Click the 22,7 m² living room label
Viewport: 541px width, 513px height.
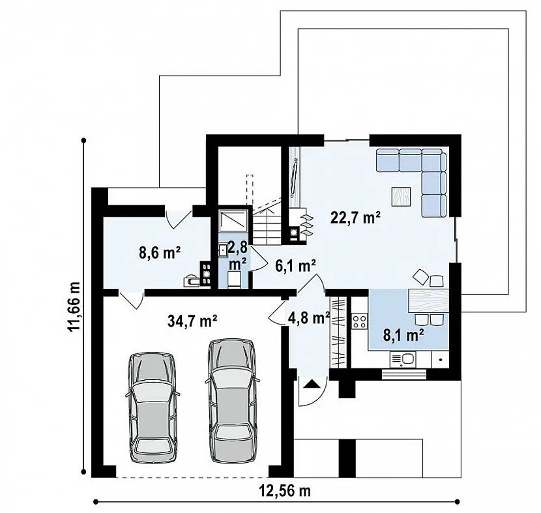(355, 218)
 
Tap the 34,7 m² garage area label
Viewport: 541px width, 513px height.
(192, 321)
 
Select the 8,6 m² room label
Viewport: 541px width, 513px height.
(160, 253)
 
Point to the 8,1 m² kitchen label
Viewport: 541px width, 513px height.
(403, 334)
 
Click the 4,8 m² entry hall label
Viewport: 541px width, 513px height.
(309, 318)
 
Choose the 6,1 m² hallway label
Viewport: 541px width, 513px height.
(296, 266)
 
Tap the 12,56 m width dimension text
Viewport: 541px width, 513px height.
(285, 491)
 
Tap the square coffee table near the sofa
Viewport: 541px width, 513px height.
(401, 197)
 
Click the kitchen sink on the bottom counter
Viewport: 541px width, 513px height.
(403, 359)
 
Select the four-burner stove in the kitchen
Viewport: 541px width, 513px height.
(359, 321)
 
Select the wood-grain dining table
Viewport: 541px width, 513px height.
(428, 301)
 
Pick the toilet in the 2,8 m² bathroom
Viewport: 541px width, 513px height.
(235, 279)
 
